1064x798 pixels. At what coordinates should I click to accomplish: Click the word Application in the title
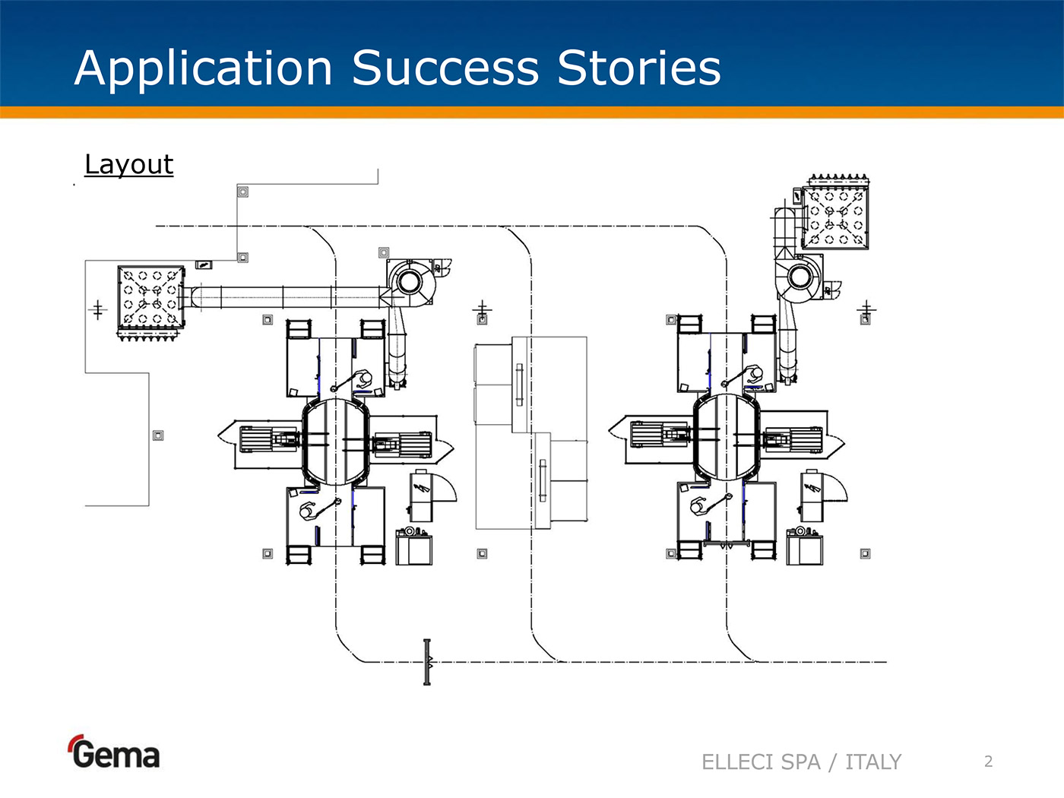(x=204, y=68)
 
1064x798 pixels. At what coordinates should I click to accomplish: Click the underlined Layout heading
(x=128, y=165)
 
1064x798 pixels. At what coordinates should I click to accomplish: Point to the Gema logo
(x=114, y=752)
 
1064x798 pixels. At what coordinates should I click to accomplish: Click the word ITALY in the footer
(x=872, y=762)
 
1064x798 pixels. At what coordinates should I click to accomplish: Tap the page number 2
(x=988, y=762)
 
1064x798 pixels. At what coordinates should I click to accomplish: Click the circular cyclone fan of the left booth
(x=409, y=281)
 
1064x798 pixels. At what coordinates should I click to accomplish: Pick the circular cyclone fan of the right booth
(x=800, y=276)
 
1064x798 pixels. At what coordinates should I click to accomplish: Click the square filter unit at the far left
(x=150, y=297)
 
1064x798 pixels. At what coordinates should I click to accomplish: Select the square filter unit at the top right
(x=835, y=216)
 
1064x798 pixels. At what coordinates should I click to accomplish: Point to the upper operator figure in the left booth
(x=364, y=378)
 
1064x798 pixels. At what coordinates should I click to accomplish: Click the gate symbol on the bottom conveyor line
(x=427, y=662)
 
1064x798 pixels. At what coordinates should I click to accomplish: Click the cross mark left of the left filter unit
(x=97, y=309)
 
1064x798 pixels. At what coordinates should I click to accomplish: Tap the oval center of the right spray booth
(x=727, y=439)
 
